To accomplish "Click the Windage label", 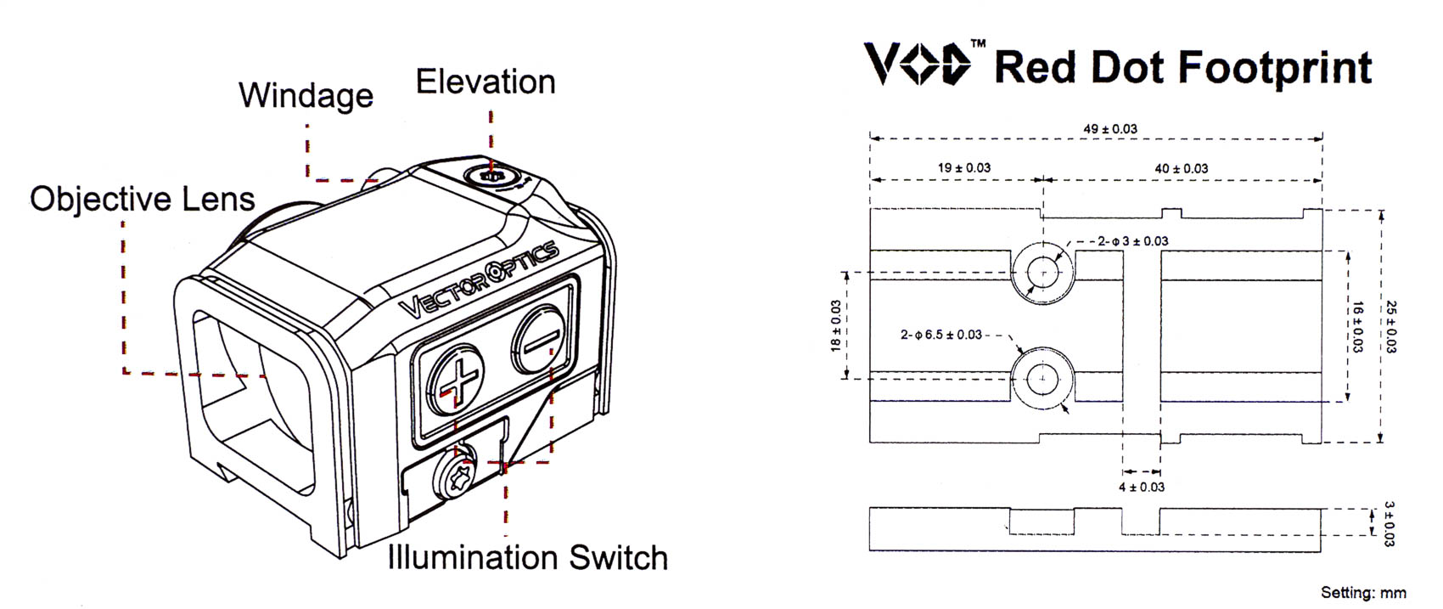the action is point(306,96).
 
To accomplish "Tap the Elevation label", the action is point(486,82).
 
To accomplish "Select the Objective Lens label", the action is point(143,199).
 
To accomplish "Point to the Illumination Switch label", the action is point(528,557).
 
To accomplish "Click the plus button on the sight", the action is point(456,380).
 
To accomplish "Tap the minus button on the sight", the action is point(539,340).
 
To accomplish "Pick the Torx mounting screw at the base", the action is point(455,476).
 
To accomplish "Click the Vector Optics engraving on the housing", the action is point(478,279).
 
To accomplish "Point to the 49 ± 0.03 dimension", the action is point(1110,129).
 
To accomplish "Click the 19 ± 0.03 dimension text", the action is point(963,168).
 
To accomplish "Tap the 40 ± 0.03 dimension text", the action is point(1181,169).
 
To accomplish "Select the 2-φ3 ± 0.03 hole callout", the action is point(1133,242).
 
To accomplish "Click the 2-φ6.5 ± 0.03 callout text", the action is point(941,336).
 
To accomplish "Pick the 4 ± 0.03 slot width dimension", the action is point(1142,488).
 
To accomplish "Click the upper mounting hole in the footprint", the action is point(1042,273).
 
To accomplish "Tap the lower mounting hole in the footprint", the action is point(1042,379).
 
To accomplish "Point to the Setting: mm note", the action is point(1363,593).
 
